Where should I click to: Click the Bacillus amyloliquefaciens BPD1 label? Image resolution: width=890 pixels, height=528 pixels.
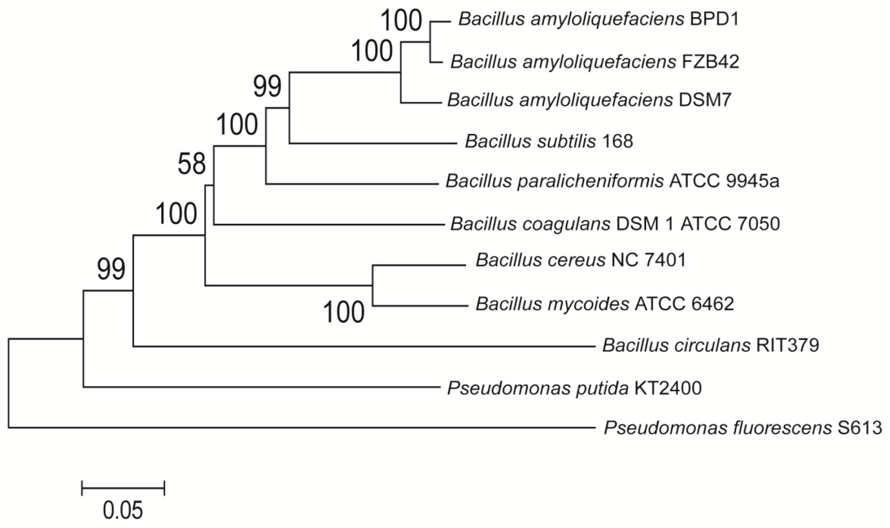click(598, 19)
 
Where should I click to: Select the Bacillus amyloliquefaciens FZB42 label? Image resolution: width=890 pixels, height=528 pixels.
click(595, 62)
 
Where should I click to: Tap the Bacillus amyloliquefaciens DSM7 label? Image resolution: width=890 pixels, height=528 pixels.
click(589, 100)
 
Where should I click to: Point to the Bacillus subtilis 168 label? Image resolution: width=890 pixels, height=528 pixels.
click(549, 142)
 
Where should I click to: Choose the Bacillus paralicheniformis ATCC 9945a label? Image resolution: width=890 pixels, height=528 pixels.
click(612, 181)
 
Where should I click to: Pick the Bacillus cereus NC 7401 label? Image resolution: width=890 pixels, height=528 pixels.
click(581, 260)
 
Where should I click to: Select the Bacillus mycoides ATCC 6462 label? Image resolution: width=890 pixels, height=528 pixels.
click(605, 304)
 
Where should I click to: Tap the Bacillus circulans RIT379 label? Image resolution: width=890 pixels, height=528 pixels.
click(710, 345)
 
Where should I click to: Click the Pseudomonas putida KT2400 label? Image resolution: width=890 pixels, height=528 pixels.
click(574, 388)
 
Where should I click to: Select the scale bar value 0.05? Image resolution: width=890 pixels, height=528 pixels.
click(123, 511)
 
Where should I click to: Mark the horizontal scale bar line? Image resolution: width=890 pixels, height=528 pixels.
click(123, 488)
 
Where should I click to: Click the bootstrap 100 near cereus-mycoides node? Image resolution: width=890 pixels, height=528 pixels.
click(344, 313)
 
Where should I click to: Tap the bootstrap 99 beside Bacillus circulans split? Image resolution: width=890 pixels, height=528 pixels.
click(111, 269)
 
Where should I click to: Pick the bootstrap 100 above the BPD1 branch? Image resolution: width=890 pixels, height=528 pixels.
click(402, 21)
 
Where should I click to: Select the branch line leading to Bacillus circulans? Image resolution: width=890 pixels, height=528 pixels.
click(363, 346)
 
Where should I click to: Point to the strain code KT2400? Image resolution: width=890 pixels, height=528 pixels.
click(668, 388)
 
